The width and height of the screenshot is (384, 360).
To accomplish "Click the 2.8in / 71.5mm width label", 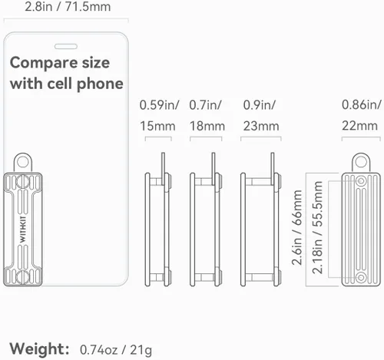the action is coord(68,6).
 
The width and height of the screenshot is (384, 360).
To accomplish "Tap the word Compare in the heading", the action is coord(42,64).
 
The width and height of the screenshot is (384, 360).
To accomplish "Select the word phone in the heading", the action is coord(100,84).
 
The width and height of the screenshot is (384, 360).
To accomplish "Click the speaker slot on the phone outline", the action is coord(66,46).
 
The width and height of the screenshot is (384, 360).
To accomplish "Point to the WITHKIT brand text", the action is coord(23,230).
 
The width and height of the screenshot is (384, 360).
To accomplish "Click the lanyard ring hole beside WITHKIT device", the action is coord(23,162).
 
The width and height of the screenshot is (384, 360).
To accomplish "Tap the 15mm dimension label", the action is coord(157,126).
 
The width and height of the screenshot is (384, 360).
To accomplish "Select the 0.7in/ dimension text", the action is coord(205,105).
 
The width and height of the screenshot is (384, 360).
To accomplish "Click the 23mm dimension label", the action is coord(261,126).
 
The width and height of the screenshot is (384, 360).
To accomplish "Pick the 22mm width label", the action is coord(359,126).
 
